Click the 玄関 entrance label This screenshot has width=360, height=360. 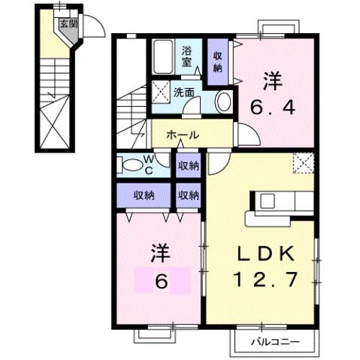(x=68, y=24)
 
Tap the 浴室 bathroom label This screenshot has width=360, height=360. (x=188, y=58)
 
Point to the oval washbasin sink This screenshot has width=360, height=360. (x=224, y=101)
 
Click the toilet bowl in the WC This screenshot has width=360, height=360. (x=132, y=164)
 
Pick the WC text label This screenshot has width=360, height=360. (x=150, y=165)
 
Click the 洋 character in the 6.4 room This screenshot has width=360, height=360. (x=272, y=79)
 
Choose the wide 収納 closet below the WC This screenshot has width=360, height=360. (x=144, y=195)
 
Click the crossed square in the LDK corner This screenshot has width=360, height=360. (x=303, y=162)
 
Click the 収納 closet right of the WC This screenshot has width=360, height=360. (x=189, y=165)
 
